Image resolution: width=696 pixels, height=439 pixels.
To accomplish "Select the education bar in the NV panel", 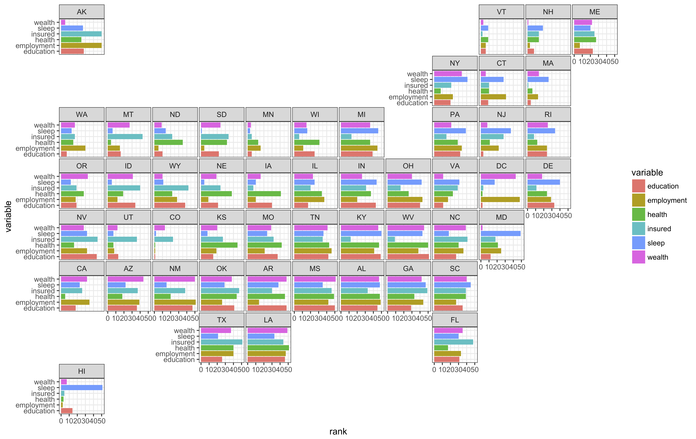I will (x=79, y=257).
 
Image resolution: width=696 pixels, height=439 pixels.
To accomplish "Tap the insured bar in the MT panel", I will (x=125, y=137).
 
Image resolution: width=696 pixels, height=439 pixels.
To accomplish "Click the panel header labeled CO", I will (x=175, y=217).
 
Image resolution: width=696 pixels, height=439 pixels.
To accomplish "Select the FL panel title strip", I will (x=455, y=320).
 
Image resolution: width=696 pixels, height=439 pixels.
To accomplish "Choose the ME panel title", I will (x=595, y=12).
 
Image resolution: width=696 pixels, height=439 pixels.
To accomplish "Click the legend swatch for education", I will (x=639, y=186).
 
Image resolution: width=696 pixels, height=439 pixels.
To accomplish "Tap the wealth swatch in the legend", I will (x=639, y=257).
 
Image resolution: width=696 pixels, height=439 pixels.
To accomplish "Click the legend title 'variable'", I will (x=647, y=173).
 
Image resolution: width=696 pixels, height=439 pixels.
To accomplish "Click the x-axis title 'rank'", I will (x=338, y=431).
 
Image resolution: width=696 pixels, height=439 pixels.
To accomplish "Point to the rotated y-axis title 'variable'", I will (x=8, y=216).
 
